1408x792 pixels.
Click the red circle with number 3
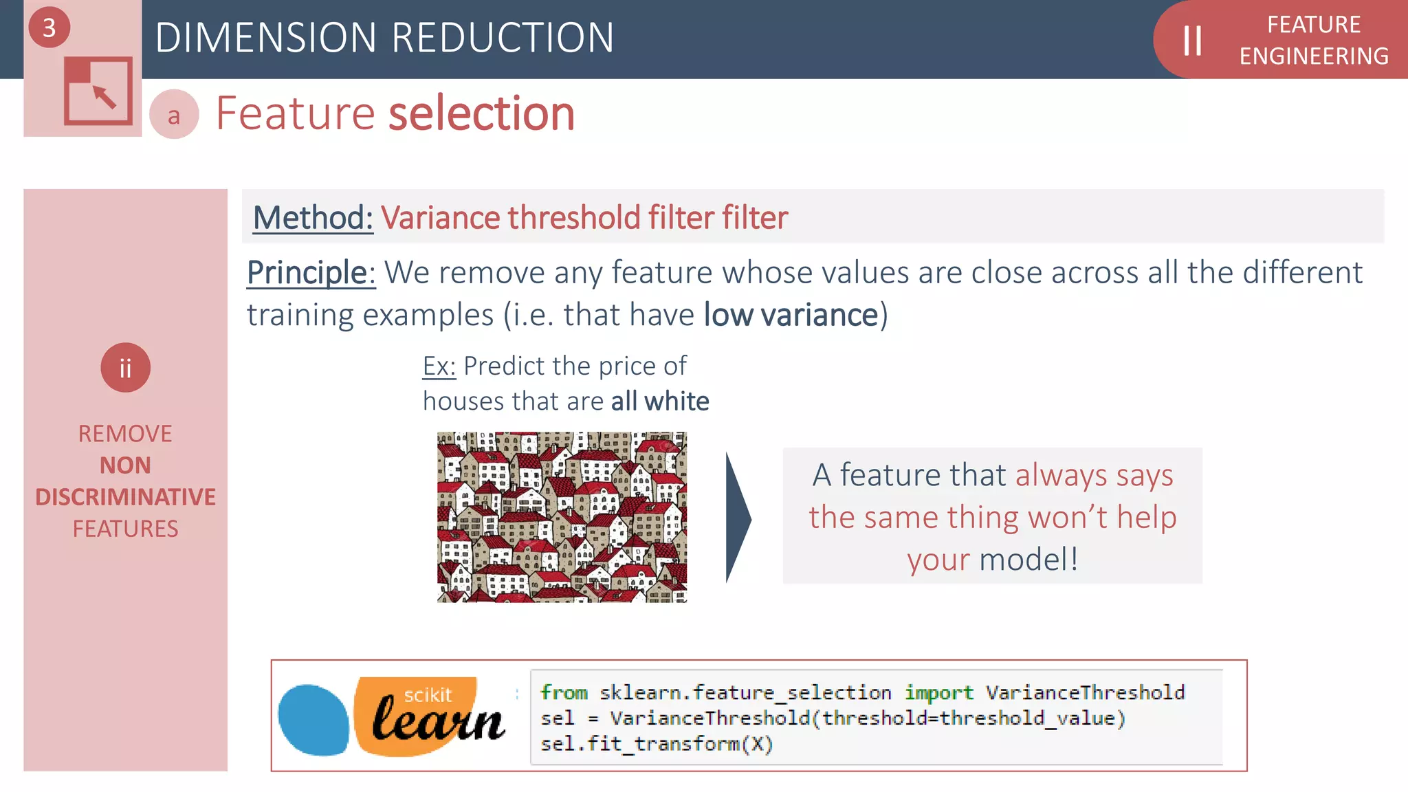49,27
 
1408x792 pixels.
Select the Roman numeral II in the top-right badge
1192,41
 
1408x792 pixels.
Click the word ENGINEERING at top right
1314,56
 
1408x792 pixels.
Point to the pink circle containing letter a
174,115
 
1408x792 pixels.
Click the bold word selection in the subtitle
481,113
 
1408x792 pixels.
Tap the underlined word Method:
313,218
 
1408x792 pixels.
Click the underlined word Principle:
311,273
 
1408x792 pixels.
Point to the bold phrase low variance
791,316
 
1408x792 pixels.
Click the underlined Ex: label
439,366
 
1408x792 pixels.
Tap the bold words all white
660,401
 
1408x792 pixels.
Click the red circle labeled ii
125,368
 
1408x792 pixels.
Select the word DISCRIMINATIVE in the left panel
125,497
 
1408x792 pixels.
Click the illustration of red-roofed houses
562,517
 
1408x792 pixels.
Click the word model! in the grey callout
1028,560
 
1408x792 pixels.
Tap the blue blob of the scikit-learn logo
313,720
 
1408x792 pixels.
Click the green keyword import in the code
938,692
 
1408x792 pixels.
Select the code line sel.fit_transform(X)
657,744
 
